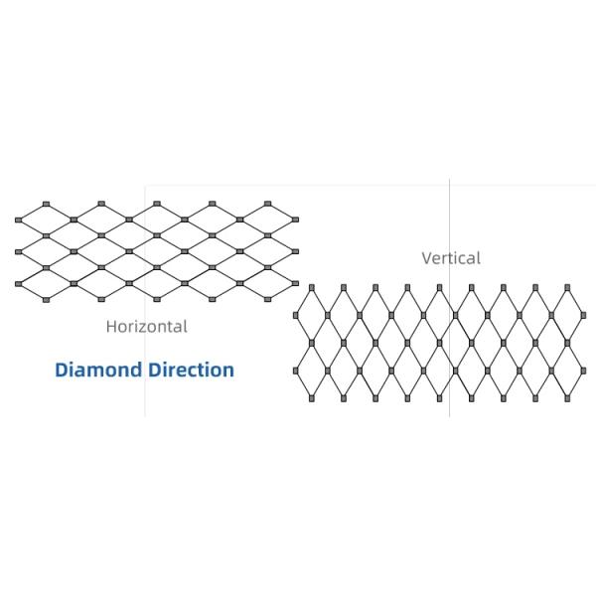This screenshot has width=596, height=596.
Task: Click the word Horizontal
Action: tap(146, 325)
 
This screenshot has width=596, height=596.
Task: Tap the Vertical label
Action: tap(451, 258)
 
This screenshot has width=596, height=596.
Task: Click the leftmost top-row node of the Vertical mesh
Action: tap(312, 287)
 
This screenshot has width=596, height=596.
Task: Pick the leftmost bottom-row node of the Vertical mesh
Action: tap(312, 399)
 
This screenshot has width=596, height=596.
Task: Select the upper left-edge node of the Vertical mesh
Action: tap(296, 316)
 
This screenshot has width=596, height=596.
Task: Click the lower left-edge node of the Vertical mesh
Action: tap(296, 372)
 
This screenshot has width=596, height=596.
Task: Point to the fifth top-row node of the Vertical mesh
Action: tap(439, 287)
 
